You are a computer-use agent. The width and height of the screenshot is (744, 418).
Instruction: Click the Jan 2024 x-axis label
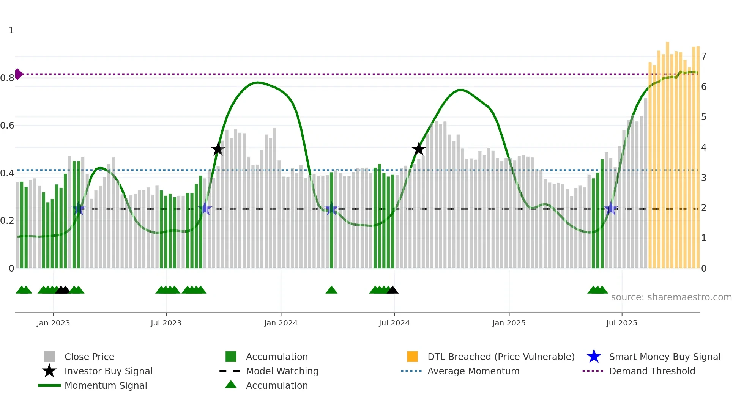281,323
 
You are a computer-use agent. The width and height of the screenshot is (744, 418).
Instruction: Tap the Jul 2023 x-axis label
166,323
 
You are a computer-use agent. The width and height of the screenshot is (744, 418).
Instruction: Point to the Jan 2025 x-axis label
509,323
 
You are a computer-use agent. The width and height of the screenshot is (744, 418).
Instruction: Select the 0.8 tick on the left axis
8,78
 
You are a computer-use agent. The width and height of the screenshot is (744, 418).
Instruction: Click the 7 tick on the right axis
704,57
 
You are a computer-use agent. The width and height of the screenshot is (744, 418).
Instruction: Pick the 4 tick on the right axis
704,147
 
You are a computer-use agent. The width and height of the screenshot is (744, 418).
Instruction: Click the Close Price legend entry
89,357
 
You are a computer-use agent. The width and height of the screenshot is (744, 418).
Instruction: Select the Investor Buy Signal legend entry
108,371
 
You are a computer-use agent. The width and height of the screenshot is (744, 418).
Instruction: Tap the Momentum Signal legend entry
106,385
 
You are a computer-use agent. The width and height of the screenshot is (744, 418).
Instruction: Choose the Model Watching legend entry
282,371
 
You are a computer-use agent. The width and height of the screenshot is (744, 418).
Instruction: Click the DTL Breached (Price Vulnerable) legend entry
501,357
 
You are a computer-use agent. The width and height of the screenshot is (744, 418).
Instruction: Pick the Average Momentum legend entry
473,371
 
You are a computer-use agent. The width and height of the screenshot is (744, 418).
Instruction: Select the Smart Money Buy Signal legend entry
665,357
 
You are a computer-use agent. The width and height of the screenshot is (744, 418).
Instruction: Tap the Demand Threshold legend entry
652,371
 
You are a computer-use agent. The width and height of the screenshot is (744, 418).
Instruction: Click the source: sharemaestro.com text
671,297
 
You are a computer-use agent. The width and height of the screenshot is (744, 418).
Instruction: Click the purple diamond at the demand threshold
18,74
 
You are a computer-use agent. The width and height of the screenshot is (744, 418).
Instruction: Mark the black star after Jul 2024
418,149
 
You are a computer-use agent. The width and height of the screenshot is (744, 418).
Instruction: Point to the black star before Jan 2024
218,149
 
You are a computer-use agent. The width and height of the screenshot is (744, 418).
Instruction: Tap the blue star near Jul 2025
611,208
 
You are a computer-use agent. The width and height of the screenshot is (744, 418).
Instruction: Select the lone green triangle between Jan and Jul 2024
331,290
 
